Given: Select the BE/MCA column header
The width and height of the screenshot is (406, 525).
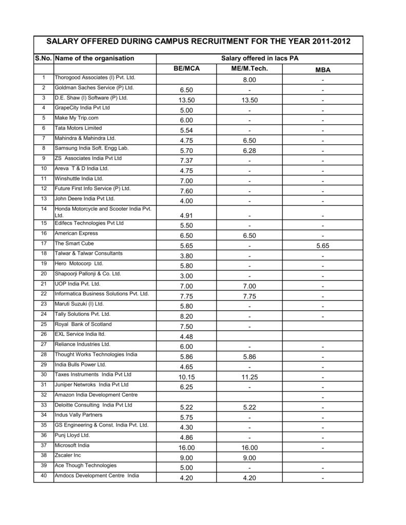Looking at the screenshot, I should coord(186,69).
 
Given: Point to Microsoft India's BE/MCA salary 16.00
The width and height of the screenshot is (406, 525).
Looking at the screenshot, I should coord(186,448).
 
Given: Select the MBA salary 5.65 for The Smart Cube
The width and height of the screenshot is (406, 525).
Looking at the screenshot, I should coord(323,246).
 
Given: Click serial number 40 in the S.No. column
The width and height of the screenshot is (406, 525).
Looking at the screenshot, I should coord(44,475).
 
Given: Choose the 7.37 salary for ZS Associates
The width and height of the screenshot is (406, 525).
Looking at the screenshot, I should coord(186,160).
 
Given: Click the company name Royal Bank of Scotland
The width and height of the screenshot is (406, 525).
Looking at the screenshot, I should coord(83,324).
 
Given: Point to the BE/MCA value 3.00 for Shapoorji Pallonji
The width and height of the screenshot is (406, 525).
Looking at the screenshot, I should coord(186,276).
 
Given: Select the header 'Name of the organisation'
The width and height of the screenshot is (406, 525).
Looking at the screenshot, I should coord(94,58).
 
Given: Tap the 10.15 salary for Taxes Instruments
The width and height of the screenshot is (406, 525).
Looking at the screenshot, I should coord(186,377).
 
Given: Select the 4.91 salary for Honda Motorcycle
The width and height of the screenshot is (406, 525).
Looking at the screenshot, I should coord(186,216).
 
